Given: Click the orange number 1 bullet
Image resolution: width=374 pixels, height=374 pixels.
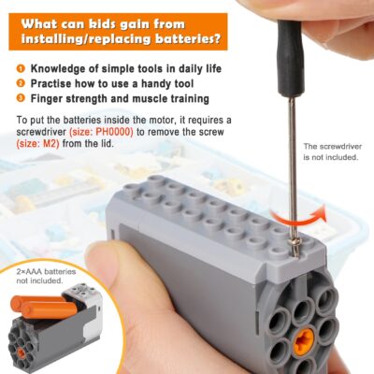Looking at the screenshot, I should click(x=21, y=68).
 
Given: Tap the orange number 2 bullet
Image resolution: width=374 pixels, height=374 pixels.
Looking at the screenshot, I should click(x=21, y=83).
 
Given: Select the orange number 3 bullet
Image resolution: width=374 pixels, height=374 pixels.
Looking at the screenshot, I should click(x=21, y=98).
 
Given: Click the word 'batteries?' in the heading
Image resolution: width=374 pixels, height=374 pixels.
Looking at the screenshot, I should click(x=192, y=40).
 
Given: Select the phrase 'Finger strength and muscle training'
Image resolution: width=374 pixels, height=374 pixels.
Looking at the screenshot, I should click(x=120, y=98).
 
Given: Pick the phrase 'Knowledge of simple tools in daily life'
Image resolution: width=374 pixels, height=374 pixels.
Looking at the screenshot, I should click(x=130, y=68).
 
